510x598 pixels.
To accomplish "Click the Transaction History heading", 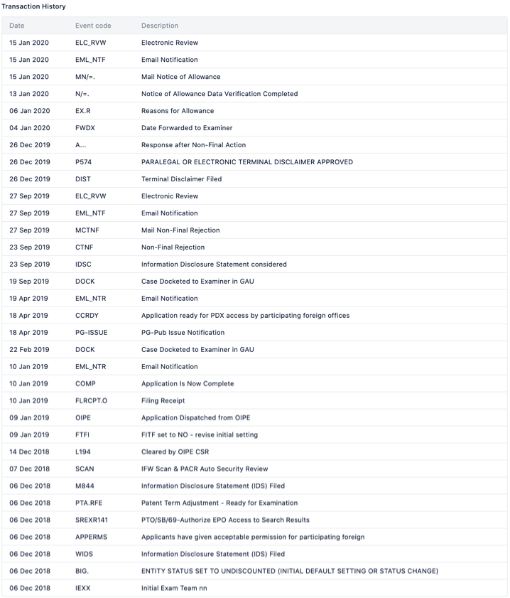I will [x=34, y=6].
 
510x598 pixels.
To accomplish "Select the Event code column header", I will [x=93, y=26].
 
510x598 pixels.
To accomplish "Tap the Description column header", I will [x=160, y=26].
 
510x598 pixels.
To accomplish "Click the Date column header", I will [x=17, y=26].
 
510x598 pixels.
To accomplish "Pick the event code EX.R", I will [x=84, y=111].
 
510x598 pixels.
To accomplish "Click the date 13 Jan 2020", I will [x=29, y=94].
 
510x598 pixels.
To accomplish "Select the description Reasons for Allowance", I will [x=178, y=111].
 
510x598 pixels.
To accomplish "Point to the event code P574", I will [x=84, y=162].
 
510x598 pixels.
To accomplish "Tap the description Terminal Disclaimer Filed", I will [x=181, y=179].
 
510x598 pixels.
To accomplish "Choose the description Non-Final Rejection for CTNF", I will [x=173, y=247].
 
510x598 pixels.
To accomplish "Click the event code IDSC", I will [x=83, y=265].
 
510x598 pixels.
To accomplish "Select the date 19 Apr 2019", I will [x=29, y=299].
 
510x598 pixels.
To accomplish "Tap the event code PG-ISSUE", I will [x=91, y=333].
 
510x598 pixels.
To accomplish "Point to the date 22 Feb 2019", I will [x=29, y=350].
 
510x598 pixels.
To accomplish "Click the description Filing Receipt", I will [x=163, y=401].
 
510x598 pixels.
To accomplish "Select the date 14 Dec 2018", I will [x=29, y=452].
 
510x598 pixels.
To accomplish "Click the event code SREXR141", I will [x=92, y=520].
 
